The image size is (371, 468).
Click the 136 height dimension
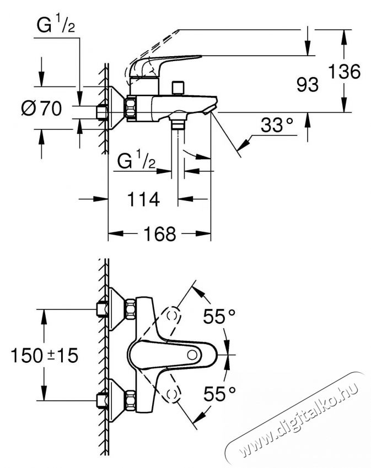point(345,71)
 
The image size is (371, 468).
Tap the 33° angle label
point(276,126)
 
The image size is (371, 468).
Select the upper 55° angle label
point(219,317)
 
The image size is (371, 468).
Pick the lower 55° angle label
point(219,393)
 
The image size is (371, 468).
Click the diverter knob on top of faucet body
point(177,88)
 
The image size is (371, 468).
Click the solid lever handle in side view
point(165,63)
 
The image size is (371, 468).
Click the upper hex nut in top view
point(131,310)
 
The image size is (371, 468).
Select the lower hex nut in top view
point(131,401)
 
